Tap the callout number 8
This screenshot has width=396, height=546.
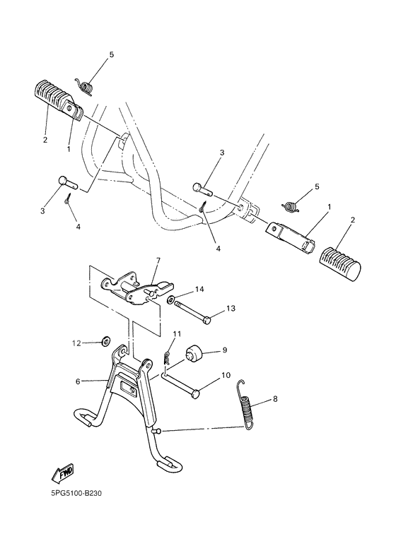(274, 399)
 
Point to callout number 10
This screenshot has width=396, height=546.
(226, 375)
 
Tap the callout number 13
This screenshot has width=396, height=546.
(231, 308)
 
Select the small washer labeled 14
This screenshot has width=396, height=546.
(172, 299)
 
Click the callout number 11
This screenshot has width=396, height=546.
(177, 333)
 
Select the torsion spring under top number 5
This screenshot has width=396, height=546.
(87, 87)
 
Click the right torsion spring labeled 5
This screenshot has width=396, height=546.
(289, 206)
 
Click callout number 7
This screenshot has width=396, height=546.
(158, 260)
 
